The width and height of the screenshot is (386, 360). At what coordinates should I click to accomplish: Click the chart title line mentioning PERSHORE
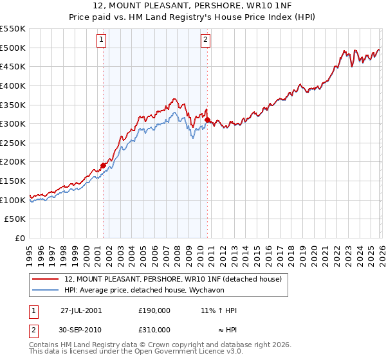click(x=193, y=6)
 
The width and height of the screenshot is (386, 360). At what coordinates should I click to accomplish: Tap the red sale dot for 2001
click(x=103, y=165)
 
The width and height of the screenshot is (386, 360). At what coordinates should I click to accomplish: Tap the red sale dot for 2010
click(x=207, y=120)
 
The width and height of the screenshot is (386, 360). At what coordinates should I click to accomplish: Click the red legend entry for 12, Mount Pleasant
click(x=173, y=279)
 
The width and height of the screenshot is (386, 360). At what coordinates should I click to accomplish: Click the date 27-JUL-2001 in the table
click(x=81, y=310)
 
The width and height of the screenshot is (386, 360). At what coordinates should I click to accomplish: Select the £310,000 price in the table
click(x=154, y=329)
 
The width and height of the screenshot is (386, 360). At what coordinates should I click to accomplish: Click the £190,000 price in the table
click(x=154, y=310)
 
